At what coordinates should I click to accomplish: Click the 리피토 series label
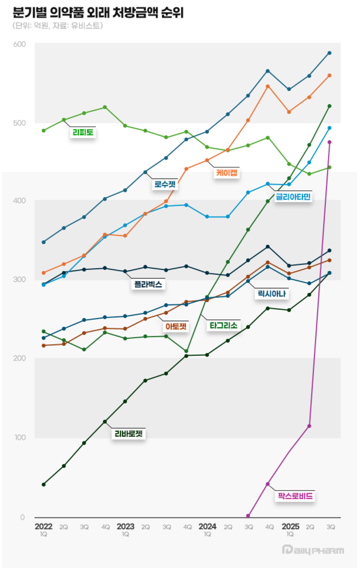click(x=83, y=132)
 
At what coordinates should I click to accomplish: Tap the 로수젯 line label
click(x=165, y=184)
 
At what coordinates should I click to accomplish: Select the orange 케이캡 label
click(x=227, y=172)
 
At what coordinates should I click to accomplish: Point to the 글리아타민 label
click(x=293, y=197)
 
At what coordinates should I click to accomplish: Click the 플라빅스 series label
click(x=148, y=284)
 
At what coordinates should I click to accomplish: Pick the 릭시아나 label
click(x=272, y=293)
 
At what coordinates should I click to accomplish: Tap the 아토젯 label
click(x=176, y=326)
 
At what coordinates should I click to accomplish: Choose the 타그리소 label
click(x=223, y=325)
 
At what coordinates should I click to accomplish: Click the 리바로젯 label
click(x=129, y=433)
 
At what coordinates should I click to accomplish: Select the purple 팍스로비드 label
click(x=295, y=496)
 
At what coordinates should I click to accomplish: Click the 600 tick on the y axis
click(x=20, y=44)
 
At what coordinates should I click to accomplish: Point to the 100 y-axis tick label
click(x=20, y=437)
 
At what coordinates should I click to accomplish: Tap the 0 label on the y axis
click(x=23, y=517)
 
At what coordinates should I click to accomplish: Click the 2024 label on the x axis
click(x=207, y=526)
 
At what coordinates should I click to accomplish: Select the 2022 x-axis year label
click(x=44, y=526)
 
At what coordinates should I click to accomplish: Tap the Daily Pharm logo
click(x=313, y=550)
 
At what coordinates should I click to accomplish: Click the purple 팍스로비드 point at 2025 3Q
click(x=329, y=142)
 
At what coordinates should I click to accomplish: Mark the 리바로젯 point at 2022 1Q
click(x=44, y=485)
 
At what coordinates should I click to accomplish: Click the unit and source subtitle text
click(x=58, y=26)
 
